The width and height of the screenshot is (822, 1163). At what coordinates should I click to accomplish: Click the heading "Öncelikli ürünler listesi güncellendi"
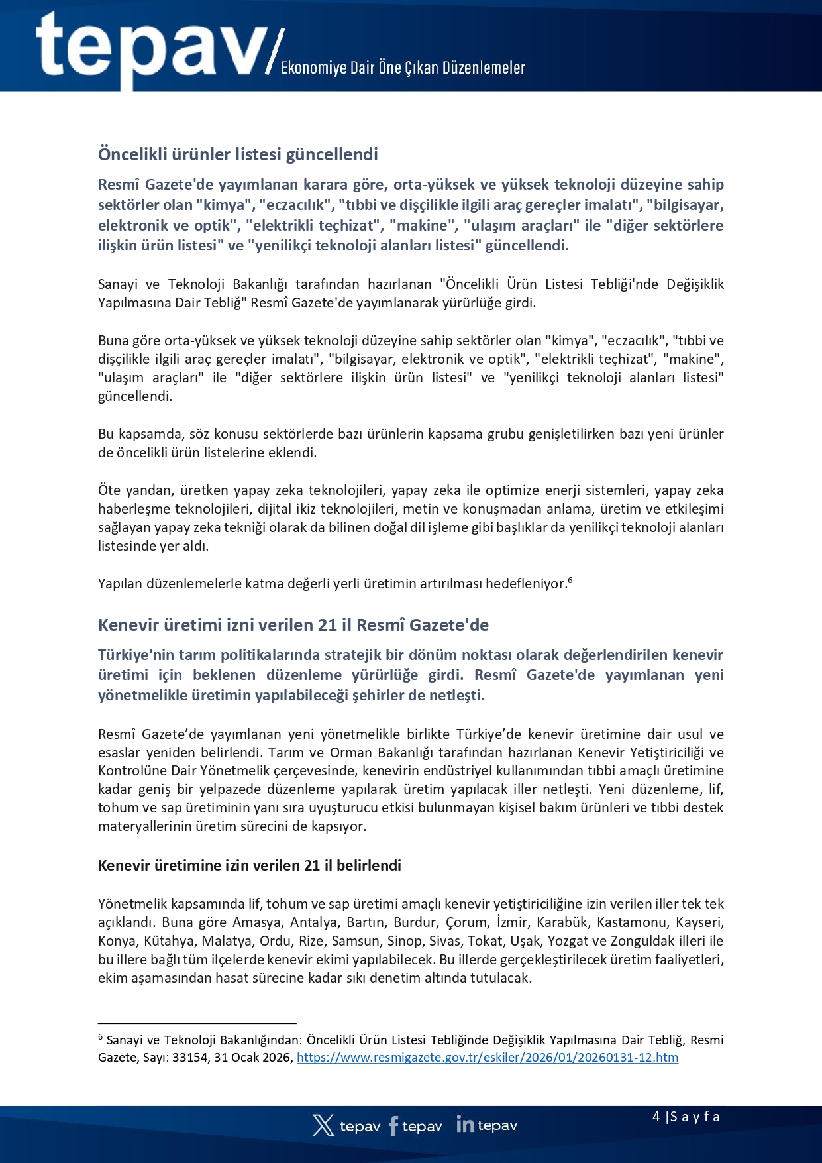point(238,154)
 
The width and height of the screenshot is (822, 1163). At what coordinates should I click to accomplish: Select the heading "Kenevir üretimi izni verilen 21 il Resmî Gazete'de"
point(293,625)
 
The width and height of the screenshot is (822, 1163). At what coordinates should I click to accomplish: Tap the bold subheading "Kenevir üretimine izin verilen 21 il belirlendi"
point(250,865)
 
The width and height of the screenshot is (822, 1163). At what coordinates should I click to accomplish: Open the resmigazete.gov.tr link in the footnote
point(487,1058)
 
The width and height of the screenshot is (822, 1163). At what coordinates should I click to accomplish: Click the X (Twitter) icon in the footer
point(323,1125)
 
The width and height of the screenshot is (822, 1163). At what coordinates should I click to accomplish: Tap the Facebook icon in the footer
point(394,1126)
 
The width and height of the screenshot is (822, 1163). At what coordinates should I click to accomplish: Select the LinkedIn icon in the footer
point(465,1125)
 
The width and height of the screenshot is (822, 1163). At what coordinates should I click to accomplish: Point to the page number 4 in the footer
point(656,1117)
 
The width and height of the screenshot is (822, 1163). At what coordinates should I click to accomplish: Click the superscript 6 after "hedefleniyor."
point(570,581)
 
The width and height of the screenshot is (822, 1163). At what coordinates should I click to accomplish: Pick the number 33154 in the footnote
point(189,1058)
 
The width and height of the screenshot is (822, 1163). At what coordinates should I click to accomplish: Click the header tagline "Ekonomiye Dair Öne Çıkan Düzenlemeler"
point(403,68)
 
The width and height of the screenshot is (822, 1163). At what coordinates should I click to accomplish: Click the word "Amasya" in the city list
point(254,922)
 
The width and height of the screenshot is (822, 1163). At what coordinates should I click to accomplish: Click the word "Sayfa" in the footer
point(695,1117)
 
